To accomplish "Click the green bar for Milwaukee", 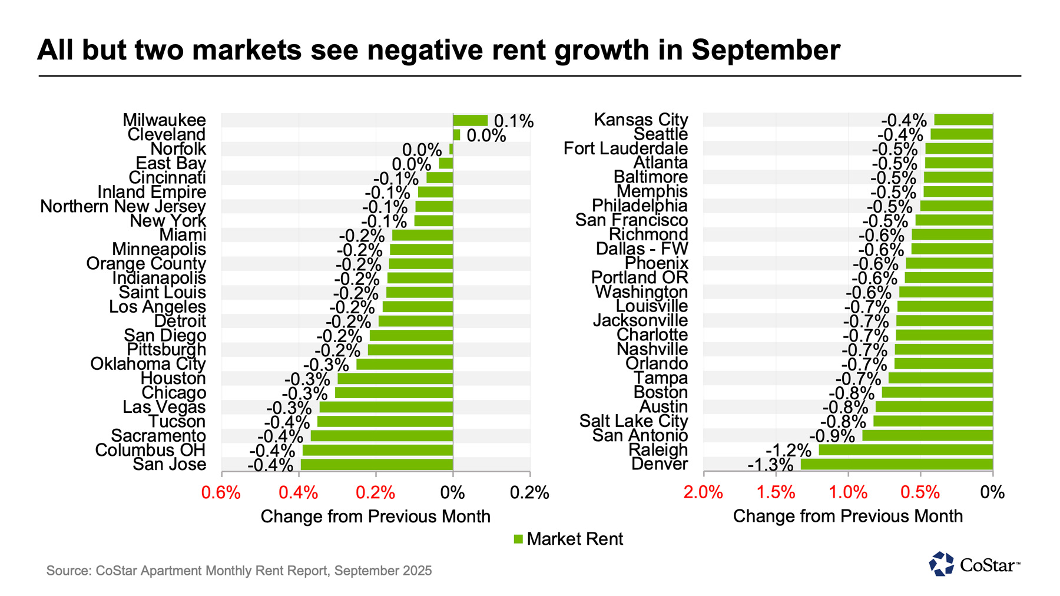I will tap(470, 121).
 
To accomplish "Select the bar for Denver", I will tap(896, 464).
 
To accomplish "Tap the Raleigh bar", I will tap(905, 450).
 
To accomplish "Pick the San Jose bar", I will tap(376, 465).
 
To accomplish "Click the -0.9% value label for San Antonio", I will tap(832, 436).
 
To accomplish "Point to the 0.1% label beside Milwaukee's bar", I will tap(514, 121).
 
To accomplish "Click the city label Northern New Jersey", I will tap(123, 207).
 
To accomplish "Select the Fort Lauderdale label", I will tap(625, 148).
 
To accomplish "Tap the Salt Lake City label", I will tap(634, 421).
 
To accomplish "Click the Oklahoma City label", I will tap(148, 364).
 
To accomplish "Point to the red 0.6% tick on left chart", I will tap(221, 493).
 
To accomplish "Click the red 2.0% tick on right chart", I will tap(703, 493).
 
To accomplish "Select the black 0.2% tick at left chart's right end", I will tap(529, 493).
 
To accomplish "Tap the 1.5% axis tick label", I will tap(776, 493).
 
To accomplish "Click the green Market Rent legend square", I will tap(518, 539).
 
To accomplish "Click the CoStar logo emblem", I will tap(941, 564).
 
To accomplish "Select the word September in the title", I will tap(766, 50).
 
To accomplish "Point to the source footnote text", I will tap(239, 571).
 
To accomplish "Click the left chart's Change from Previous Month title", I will tap(375, 516).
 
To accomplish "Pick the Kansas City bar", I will tap(963, 120).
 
